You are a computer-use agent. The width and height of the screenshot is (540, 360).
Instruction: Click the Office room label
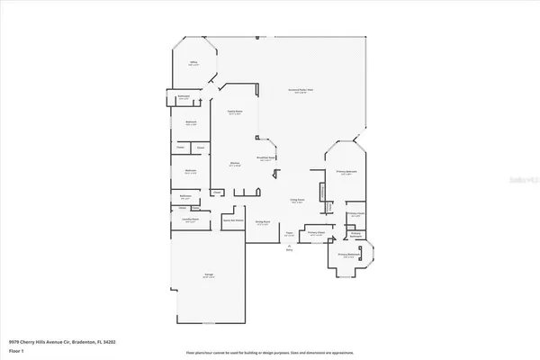192,64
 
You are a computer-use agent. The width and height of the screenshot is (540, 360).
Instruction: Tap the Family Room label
236,112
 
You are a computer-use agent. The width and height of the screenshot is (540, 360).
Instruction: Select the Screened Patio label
300,91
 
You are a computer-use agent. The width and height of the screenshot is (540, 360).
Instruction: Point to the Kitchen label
235,164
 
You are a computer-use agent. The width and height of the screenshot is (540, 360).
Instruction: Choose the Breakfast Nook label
265,157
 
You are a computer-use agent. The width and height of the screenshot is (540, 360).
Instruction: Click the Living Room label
296,201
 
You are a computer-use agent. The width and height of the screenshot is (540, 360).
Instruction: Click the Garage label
208,277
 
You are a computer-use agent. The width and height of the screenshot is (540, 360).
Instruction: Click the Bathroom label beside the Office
184,98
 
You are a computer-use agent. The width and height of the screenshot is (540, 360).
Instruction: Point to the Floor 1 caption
15,351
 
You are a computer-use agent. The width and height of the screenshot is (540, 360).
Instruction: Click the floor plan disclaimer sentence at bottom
270,355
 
